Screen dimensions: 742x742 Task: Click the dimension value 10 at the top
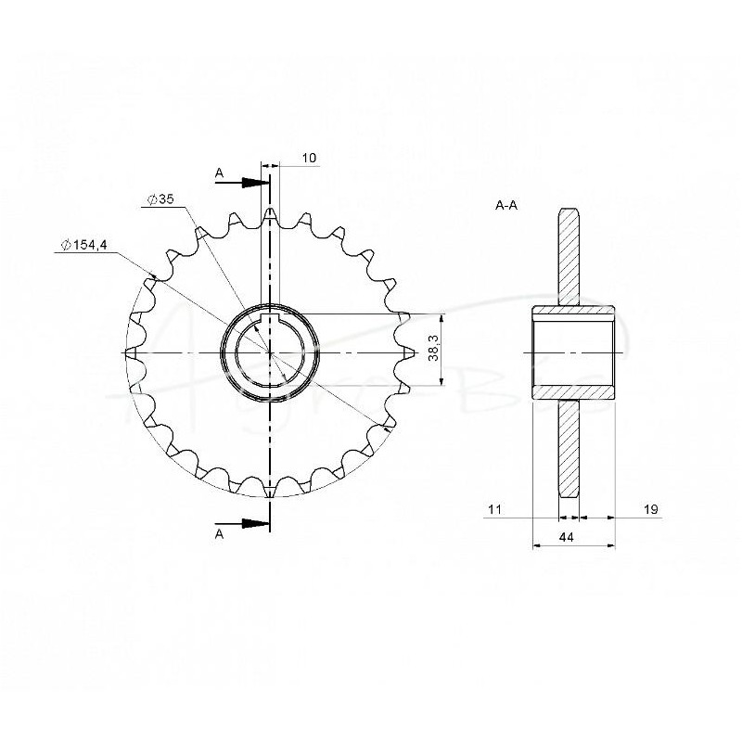click(x=310, y=159)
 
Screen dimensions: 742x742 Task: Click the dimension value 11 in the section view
click(x=493, y=510)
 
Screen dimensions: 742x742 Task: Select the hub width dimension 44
click(x=574, y=537)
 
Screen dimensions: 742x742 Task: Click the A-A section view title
click(x=506, y=205)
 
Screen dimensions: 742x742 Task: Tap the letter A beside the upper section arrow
click(x=219, y=173)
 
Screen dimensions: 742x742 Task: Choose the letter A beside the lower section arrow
click(x=219, y=535)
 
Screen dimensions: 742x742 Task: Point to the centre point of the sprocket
click(x=269, y=353)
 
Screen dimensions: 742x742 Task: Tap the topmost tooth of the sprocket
click(x=269, y=215)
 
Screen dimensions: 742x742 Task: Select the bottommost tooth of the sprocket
click(x=269, y=490)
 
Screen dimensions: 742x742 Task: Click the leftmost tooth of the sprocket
click(x=132, y=353)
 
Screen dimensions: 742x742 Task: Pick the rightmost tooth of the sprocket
click(x=405, y=353)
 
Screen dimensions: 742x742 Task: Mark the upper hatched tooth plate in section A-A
click(x=569, y=255)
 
